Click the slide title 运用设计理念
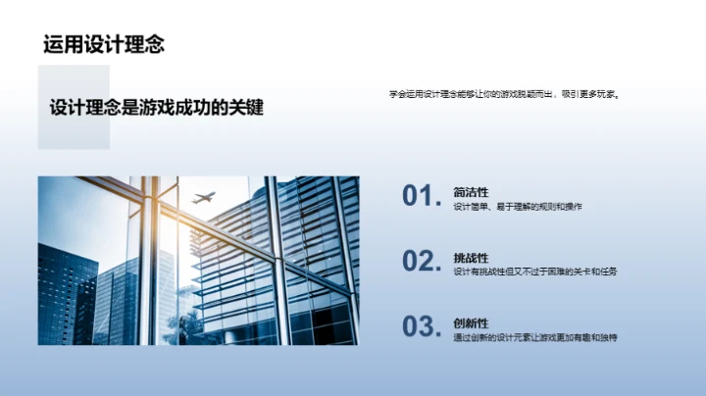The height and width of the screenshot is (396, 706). click(103, 44)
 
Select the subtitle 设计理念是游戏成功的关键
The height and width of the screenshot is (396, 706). click(157, 108)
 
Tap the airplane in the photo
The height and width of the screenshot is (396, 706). click(203, 198)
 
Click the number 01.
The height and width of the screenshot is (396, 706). click(420, 196)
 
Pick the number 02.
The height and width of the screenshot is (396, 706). click(420, 261)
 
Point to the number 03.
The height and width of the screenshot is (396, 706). click(420, 326)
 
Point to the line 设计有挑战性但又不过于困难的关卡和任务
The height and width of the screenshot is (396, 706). click(535, 272)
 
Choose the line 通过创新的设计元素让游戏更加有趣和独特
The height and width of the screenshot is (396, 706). click(535, 337)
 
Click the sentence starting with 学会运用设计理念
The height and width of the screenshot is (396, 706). click(505, 95)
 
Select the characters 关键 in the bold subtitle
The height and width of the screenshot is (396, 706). click(245, 108)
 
